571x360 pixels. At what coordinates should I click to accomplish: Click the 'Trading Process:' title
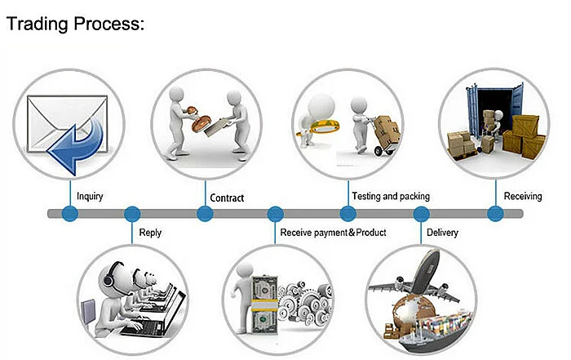[75, 24]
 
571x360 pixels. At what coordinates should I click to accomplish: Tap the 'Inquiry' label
[90, 197]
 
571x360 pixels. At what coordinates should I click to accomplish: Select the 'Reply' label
[150, 233]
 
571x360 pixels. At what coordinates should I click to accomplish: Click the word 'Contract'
[227, 198]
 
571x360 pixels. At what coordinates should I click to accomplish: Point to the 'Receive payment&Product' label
[333, 233]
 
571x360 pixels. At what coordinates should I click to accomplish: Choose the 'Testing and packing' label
[391, 197]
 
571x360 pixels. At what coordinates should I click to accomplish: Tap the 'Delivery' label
[442, 233]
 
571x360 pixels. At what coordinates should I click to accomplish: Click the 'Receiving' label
[523, 197]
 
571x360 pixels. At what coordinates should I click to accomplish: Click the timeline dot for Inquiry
[70, 214]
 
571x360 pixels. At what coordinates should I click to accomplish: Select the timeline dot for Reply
[132, 214]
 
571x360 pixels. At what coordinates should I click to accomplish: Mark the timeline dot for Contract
[205, 214]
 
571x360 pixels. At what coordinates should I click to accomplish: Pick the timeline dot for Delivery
[422, 214]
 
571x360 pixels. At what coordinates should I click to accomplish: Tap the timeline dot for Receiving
[496, 214]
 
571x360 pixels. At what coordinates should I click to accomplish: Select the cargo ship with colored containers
[435, 330]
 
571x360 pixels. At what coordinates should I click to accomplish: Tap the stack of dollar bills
[264, 305]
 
